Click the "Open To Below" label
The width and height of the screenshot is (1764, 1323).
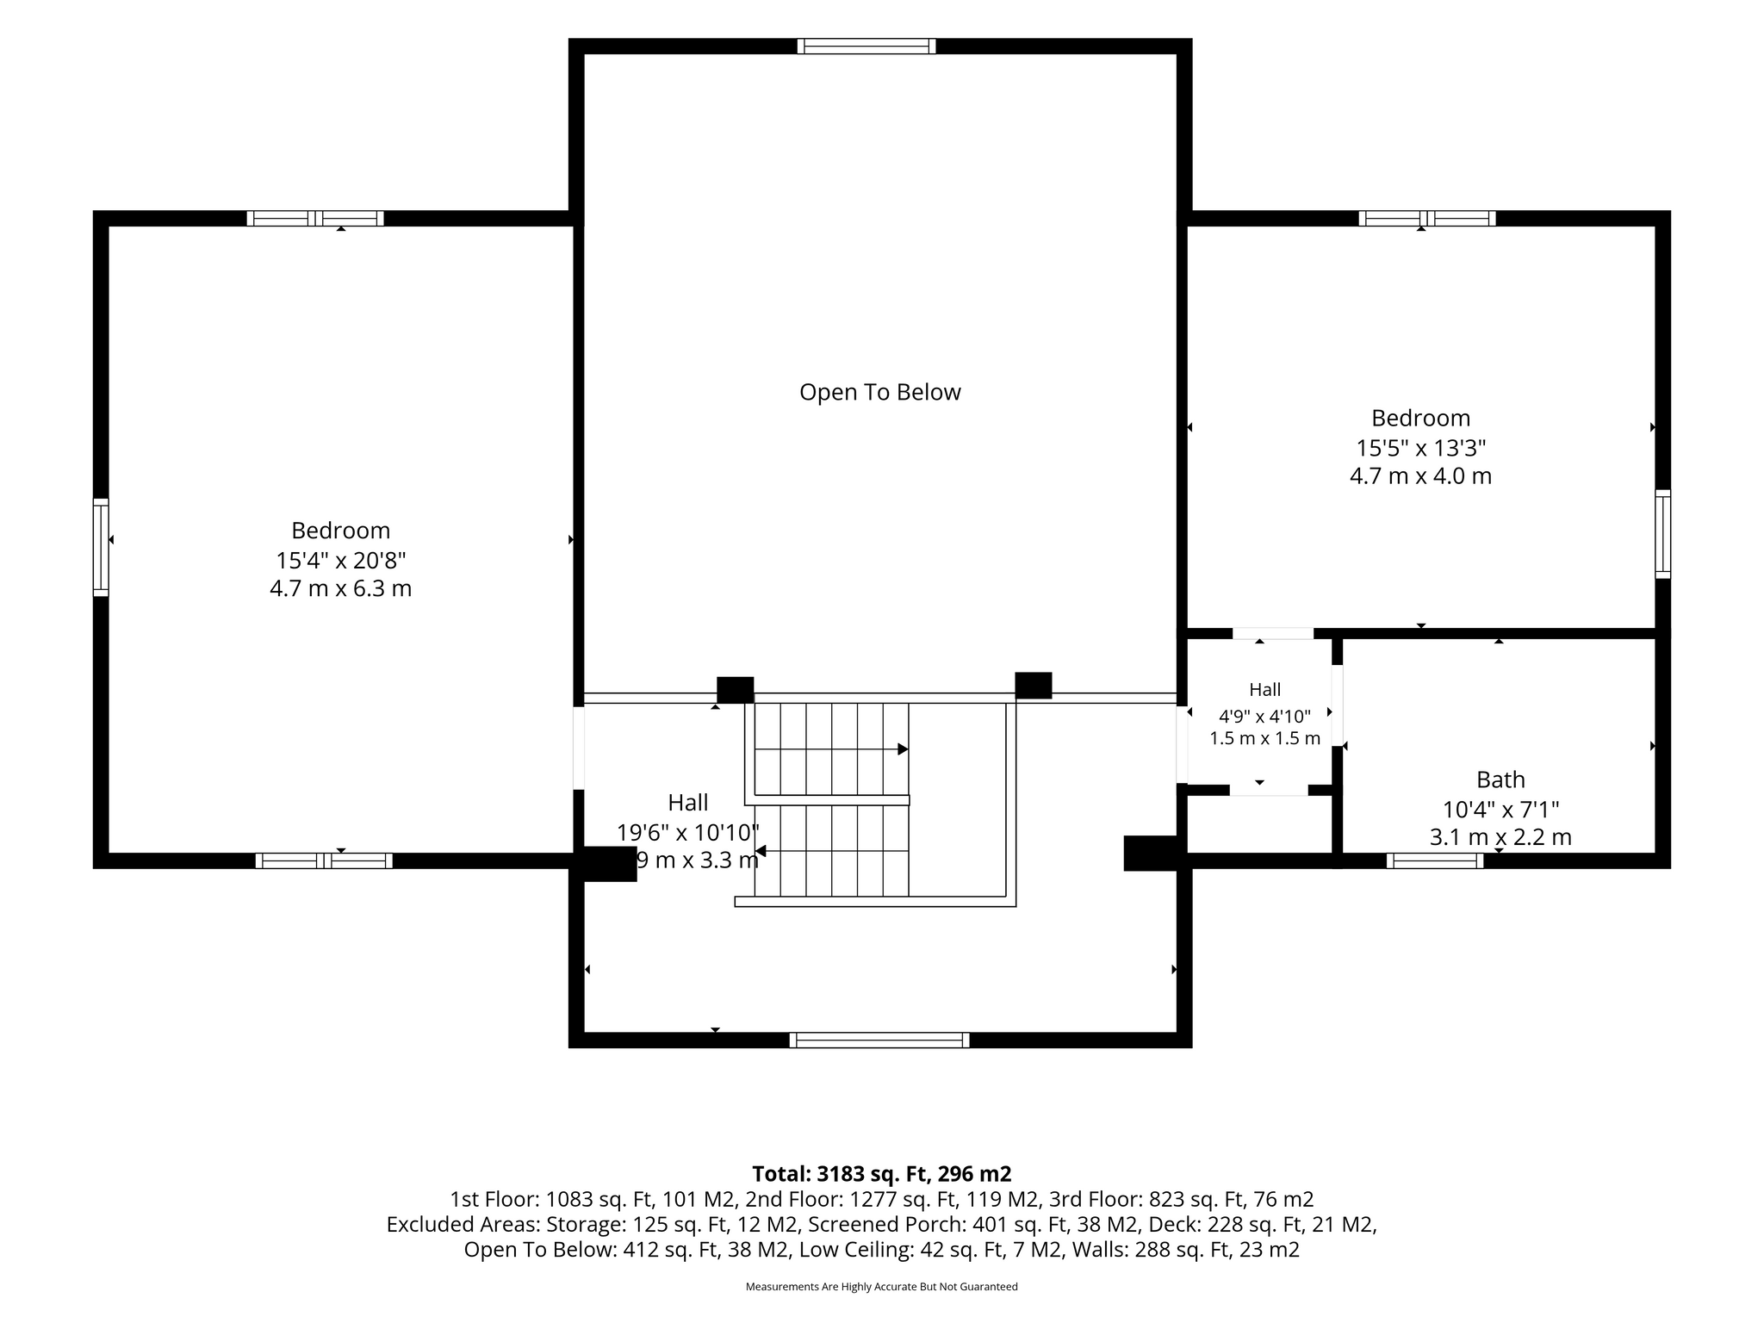click(879, 393)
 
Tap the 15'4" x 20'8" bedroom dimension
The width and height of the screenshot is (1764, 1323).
click(340, 561)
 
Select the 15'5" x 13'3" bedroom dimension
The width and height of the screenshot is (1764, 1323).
click(1421, 449)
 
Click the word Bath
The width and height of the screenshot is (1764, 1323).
click(1500, 780)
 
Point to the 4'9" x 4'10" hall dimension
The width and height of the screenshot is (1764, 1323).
click(1264, 716)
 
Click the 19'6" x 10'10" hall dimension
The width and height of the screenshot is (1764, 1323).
click(687, 832)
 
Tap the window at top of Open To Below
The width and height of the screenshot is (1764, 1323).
click(866, 47)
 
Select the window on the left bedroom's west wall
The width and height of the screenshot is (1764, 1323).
click(102, 547)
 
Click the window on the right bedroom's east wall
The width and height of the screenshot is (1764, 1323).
click(1662, 534)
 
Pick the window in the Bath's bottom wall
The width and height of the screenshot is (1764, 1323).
click(1435, 860)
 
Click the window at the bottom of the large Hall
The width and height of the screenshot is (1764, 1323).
click(879, 1040)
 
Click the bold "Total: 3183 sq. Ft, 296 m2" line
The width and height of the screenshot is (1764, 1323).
click(881, 1174)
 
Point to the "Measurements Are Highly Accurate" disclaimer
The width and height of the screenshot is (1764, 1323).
click(881, 1287)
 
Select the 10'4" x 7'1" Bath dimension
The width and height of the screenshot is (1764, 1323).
click(1500, 811)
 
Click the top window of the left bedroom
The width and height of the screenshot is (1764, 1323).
click(315, 219)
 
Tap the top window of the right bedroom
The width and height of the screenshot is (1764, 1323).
click(1427, 219)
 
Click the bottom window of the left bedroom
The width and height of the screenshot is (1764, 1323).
click(324, 860)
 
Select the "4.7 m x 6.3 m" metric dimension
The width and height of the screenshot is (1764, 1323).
click(340, 589)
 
